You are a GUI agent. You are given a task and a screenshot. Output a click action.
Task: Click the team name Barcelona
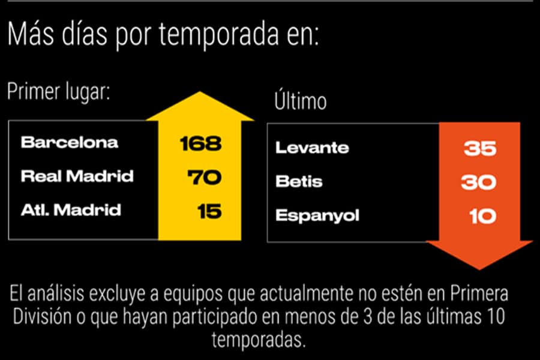click(70, 143)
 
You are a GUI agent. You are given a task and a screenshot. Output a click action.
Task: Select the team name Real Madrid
click(77, 176)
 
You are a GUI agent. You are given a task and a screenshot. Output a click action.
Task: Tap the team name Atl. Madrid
click(71, 210)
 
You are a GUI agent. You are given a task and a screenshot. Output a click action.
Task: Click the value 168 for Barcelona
click(201, 143)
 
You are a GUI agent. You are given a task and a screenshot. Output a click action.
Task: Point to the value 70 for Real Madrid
click(205, 178)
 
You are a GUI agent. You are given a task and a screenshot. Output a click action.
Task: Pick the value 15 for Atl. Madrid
click(209, 211)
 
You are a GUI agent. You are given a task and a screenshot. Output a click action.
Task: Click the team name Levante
click(312, 148)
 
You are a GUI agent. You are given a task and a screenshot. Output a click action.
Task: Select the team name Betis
click(299, 181)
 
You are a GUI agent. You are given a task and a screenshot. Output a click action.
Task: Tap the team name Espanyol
click(317, 215)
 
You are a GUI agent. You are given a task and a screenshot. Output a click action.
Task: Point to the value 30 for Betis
click(478, 182)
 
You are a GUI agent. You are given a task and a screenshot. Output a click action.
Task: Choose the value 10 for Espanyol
click(482, 215)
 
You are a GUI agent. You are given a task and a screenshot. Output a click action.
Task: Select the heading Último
click(301, 101)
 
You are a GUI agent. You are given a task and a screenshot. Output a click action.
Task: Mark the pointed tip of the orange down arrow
click(479, 267)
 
